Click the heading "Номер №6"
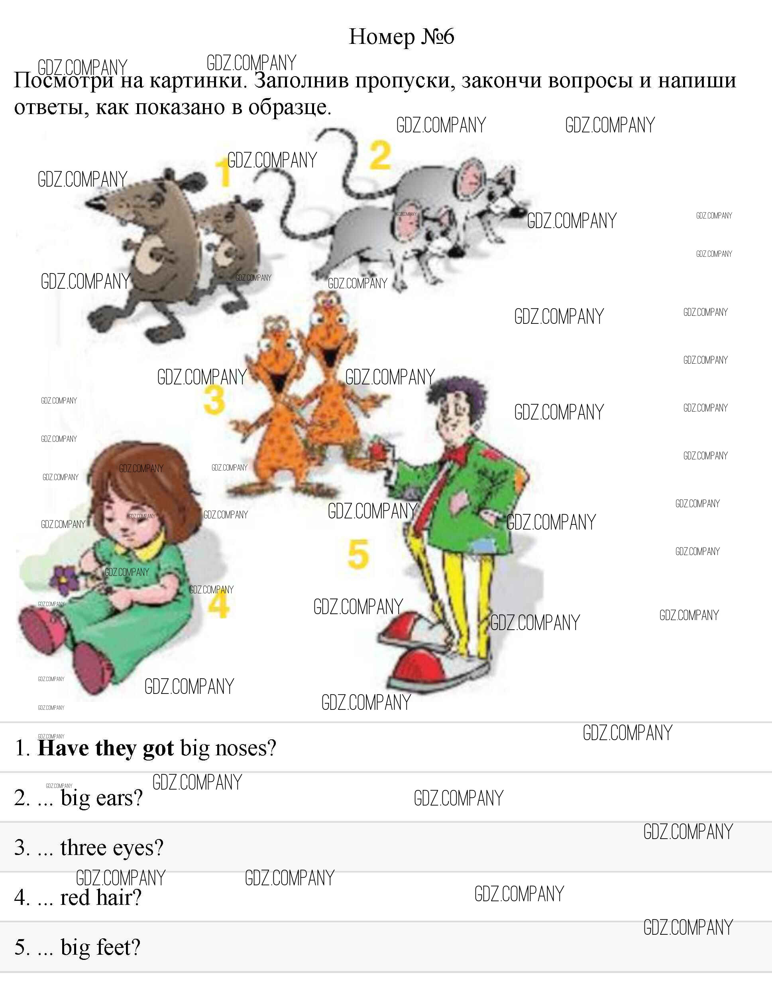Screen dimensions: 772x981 [401, 36]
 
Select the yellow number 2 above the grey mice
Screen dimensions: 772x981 [380, 155]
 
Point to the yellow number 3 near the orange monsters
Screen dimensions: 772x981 [214, 400]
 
